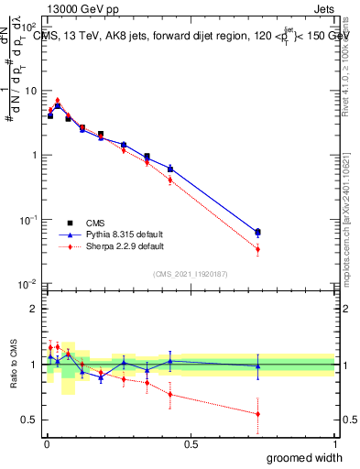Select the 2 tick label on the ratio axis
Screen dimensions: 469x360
pos(34,309)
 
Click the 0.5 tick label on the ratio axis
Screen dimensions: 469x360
pos(29,420)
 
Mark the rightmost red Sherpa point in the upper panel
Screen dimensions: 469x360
pos(257,249)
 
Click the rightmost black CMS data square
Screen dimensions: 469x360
pos(257,232)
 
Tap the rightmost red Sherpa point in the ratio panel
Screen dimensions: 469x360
pos(257,414)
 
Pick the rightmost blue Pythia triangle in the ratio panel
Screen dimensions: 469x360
pos(257,366)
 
